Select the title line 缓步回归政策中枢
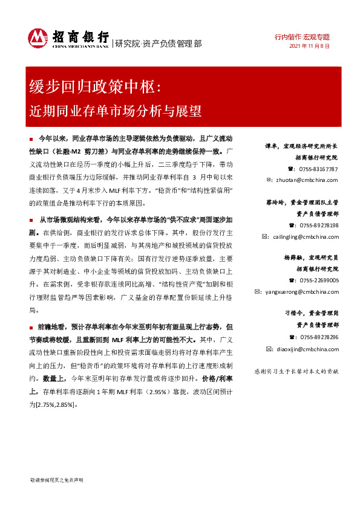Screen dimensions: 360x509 coord(96,88)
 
